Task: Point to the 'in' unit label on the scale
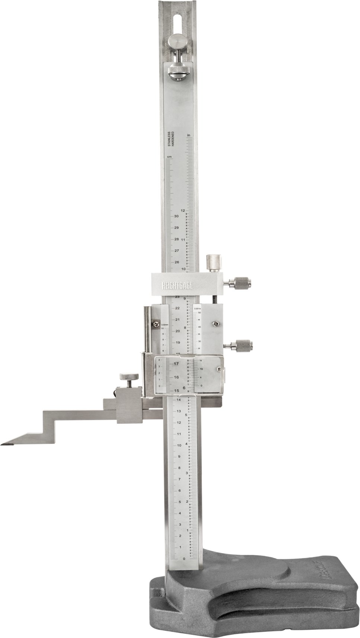(189, 135)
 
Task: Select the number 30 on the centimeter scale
(176, 216)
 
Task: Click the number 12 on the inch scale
(183, 210)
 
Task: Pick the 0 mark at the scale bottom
(184, 559)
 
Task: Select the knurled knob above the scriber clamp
(128, 377)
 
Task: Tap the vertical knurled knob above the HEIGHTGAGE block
(214, 263)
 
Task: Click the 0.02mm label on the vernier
(165, 325)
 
